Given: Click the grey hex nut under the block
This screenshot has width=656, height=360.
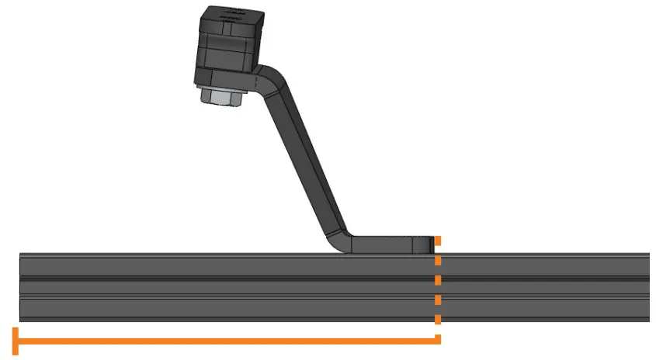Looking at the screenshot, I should (223, 97).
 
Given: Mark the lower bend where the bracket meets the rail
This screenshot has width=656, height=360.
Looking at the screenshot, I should (342, 241).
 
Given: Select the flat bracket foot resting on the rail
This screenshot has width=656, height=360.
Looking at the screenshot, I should (388, 244).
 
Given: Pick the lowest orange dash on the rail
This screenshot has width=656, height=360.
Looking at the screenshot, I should (438, 318).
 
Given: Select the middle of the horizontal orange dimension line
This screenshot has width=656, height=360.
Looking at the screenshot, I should (227, 340).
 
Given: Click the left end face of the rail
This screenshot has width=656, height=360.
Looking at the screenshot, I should (21, 287).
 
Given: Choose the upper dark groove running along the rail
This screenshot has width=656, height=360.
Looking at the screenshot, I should (334, 279).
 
